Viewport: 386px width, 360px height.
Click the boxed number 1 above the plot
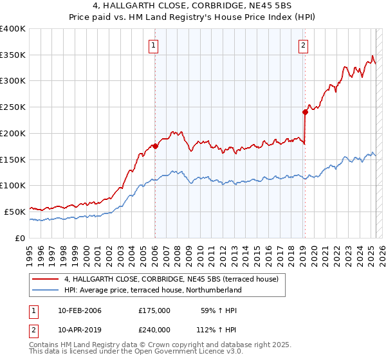(154, 45)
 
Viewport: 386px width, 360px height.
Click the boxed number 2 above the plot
(303, 45)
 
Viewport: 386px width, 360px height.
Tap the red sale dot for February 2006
(155, 146)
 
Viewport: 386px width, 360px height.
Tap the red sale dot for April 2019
(305, 112)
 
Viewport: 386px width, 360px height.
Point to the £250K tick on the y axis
(14, 107)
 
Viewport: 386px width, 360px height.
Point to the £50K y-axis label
(15, 212)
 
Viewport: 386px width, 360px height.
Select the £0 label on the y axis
(21, 238)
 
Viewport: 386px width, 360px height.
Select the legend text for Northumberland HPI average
(152, 290)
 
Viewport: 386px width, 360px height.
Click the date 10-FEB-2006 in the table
(80, 310)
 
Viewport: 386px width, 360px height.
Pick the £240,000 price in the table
(154, 328)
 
